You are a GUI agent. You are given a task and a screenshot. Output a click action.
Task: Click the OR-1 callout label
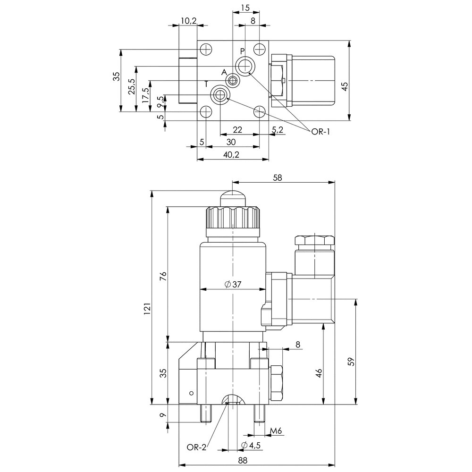point(320,132)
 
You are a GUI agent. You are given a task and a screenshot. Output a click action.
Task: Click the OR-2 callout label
point(197,447)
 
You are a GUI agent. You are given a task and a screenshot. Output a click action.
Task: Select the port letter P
point(242,51)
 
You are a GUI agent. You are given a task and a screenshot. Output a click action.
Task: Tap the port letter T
point(206,84)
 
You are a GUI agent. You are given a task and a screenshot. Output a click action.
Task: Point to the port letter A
point(224,72)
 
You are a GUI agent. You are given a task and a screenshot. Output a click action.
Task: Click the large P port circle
point(245,66)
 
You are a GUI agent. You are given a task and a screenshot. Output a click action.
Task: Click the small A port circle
point(232,80)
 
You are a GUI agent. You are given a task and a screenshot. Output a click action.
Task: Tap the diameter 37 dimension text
point(233,284)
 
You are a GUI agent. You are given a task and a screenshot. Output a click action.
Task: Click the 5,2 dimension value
point(278,129)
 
